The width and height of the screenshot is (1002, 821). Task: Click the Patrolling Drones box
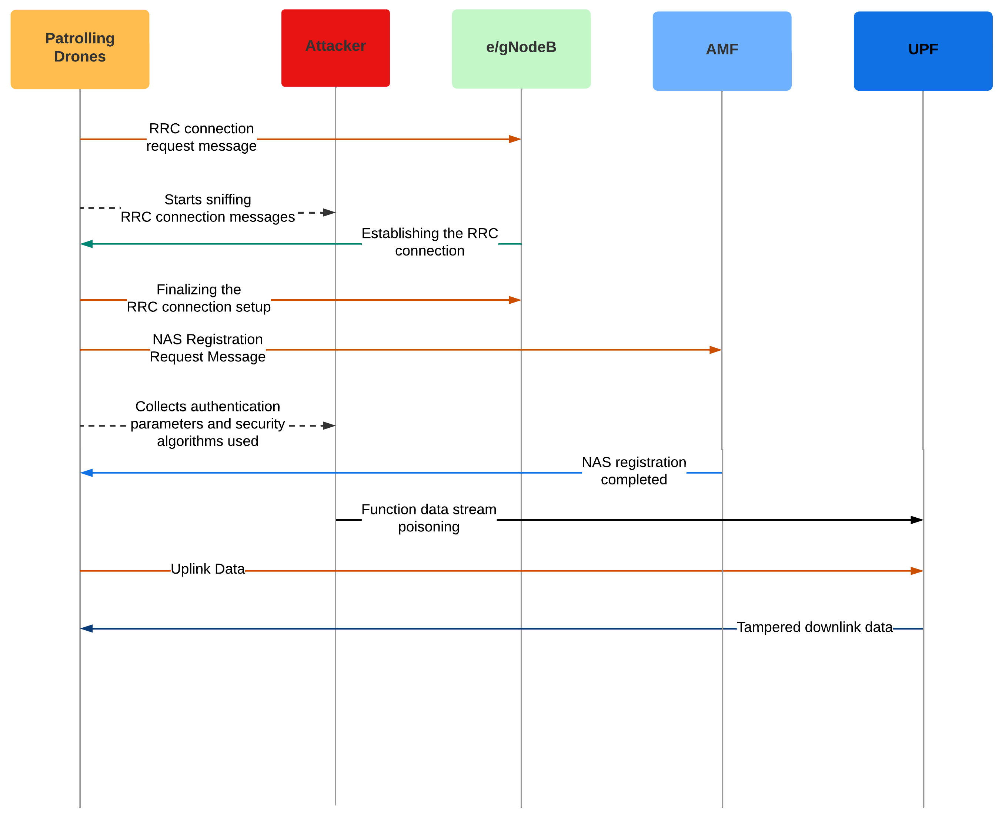[x=80, y=49]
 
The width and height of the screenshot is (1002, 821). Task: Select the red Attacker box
[x=335, y=48]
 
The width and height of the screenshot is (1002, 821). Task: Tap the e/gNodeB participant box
[x=521, y=49]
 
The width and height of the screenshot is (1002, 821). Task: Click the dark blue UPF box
[x=922, y=51]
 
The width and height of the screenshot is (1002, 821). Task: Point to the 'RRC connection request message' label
[x=201, y=137]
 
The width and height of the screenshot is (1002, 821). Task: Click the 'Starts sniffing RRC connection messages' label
[x=208, y=208]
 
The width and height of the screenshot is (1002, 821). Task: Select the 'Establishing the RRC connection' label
[x=430, y=242]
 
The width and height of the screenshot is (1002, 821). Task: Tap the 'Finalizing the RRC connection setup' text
[x=198, y=298]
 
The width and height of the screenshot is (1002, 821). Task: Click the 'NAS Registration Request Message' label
[x=208, y=348]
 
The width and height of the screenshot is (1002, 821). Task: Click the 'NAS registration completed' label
[x=634, y=471]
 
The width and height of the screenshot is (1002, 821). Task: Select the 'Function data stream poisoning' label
[x=428, y=518]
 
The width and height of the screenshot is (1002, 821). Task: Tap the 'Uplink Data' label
[x=208, y=568]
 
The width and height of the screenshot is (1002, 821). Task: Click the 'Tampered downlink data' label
[x=814, y=627]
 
